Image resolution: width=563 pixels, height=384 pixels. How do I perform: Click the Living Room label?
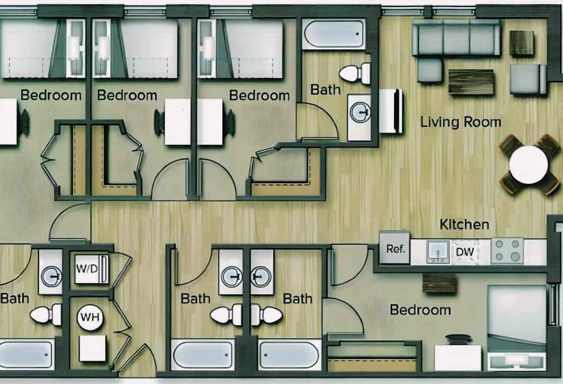pos(461,122)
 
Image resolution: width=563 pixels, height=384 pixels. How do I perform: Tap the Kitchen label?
pos(464,224)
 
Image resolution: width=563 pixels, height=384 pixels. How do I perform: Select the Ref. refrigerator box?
pos(395,248)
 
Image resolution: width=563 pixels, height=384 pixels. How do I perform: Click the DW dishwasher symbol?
pos(465,252)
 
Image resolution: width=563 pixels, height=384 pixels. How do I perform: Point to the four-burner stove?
pos(507,251)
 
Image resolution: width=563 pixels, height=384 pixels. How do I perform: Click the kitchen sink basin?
pos(438,252)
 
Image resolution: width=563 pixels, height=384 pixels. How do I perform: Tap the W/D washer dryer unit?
pos(92,269)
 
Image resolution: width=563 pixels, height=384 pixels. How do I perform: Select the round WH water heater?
pos(90,317)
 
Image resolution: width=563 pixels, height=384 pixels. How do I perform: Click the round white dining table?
pos(529,165)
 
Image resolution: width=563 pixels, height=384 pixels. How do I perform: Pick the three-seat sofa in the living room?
pos(456,38)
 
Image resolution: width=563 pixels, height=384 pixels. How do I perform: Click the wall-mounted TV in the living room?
pos(391,111)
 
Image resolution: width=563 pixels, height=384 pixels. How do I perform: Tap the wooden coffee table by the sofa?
pos(471,82)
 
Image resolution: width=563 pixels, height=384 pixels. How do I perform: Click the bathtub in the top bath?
pos(334,34)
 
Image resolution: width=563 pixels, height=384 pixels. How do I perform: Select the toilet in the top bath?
pos(355,73)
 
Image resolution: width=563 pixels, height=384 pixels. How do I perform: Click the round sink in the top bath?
pos(360,112)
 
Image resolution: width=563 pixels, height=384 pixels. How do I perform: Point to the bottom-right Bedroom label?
pos(420,310)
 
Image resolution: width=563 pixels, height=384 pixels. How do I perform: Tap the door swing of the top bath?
pos(317,122)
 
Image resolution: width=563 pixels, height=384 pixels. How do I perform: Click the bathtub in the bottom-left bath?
pos(26,354)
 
